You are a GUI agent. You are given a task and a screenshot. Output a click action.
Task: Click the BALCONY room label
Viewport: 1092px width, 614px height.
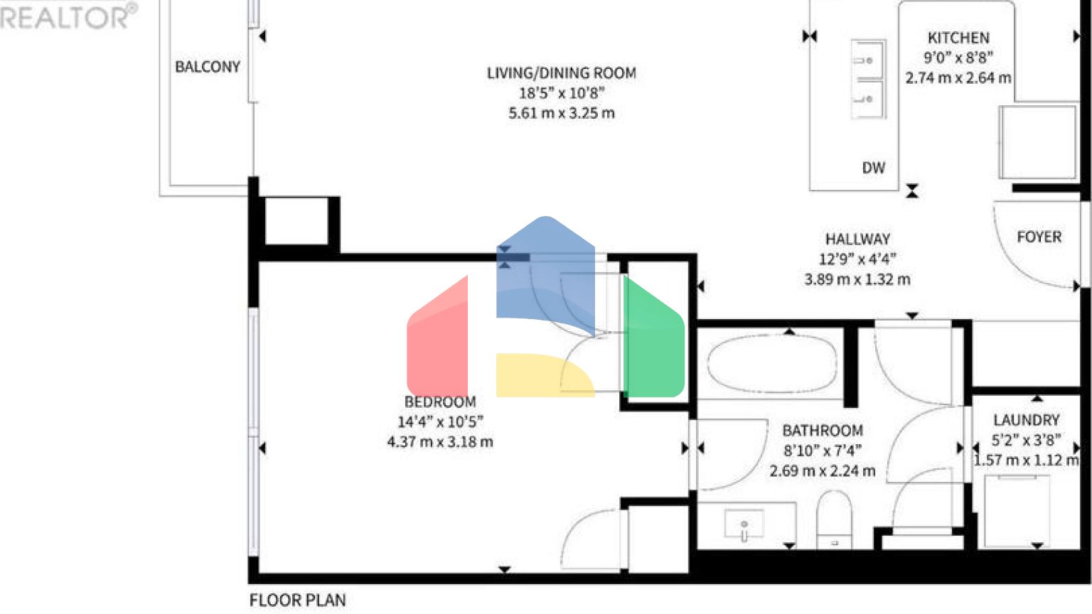[x=208, y=67]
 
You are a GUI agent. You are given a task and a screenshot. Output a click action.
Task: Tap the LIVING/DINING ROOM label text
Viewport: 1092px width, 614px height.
[x=561, y=73]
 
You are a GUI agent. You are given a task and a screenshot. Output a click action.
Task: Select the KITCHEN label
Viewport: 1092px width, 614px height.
[x=958, y=38]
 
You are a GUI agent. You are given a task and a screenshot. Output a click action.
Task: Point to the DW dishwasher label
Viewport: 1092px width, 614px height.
[x=873, y=168]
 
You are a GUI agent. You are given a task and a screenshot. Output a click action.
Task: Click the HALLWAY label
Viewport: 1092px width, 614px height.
[x=857, y=239]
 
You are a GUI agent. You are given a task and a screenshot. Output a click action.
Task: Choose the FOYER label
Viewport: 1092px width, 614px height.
[x=1039, y=237]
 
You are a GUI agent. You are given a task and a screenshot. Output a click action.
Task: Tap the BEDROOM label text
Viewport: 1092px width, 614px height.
[x=440, y=402]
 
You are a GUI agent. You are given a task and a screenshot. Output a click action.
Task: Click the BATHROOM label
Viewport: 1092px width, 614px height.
[x=823, y=431]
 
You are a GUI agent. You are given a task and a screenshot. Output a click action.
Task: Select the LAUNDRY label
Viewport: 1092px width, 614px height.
[x=1026, y=420]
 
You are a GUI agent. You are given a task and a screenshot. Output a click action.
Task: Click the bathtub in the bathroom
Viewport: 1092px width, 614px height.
[x=772, y=363]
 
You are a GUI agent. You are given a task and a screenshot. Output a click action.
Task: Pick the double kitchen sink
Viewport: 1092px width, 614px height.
[x=868, y=79]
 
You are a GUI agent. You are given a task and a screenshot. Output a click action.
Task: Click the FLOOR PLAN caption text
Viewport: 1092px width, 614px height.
[x=297, y=600]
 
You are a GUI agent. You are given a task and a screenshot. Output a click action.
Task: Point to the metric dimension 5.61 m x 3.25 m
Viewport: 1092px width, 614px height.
[x=561, y=113]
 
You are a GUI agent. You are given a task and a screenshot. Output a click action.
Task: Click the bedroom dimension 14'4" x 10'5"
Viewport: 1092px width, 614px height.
[x=440, y=421]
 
